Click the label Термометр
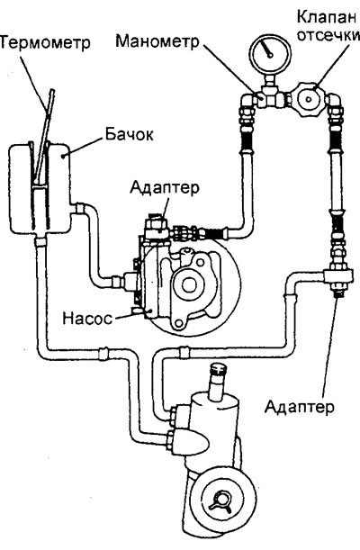coord(44,42)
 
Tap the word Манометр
coord(157,41)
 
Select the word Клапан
coord(327,16)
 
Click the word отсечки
coord(328,35)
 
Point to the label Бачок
coord(129,134)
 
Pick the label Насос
coord(87,318)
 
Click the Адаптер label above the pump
coord(164,187)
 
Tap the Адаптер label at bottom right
coord(299,407)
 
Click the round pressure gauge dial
coord(270,52)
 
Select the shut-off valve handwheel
coord(309,99)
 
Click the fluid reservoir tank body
coord(39,189)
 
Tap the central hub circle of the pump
coord(189,285)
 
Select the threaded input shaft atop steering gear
coord(218,382)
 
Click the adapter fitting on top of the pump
coord(156,226)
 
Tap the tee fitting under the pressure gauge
coord(269,97)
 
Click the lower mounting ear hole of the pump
coord(179,323)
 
